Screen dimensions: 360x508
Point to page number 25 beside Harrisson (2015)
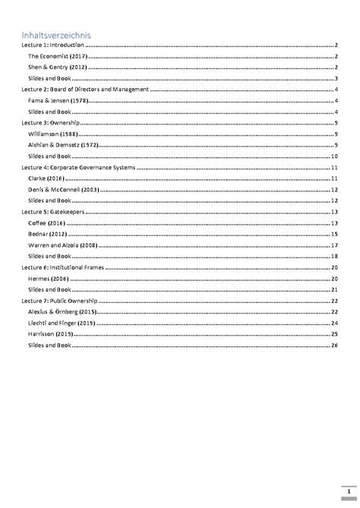tap(333, 333)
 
